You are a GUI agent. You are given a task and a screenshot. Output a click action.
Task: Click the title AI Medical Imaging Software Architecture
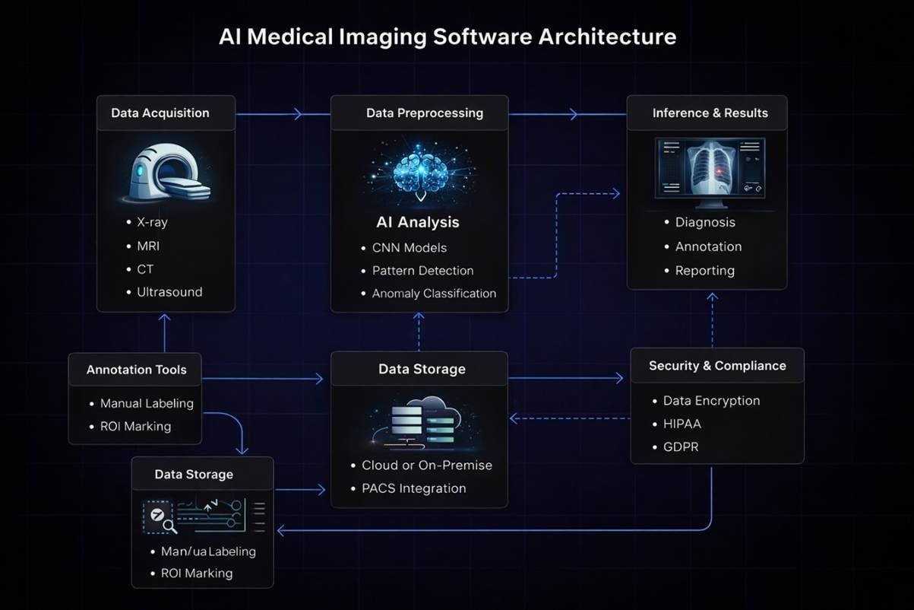tap(447, 37)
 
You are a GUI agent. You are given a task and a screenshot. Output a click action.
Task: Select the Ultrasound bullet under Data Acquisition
tap(169, 292)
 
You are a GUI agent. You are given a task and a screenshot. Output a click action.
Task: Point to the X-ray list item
tap(152, 223)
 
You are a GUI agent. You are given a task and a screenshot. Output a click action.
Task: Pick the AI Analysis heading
tap(418, 223)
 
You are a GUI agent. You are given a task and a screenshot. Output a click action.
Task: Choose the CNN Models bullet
tap(409, 248)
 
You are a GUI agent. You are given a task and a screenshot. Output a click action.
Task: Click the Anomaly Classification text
tap(434, 294)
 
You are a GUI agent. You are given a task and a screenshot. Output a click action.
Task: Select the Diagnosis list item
tap(705, 223)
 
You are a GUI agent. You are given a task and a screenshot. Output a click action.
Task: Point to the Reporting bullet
tap(704, 271)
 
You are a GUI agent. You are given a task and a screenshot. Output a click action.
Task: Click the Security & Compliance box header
tap(716, 366)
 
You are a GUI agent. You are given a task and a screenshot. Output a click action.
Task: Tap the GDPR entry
tap(681, 447)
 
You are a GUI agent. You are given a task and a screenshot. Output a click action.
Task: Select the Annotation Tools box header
tap(136, 370)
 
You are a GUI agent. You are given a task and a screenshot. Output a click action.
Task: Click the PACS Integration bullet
tap(413, 488)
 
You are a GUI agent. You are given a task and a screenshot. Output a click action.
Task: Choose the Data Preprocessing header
tap(424, 113)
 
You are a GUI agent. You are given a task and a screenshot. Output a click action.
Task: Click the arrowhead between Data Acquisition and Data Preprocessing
tap(298, 114)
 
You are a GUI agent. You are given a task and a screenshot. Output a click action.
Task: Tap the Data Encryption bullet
tap(711, 401)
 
